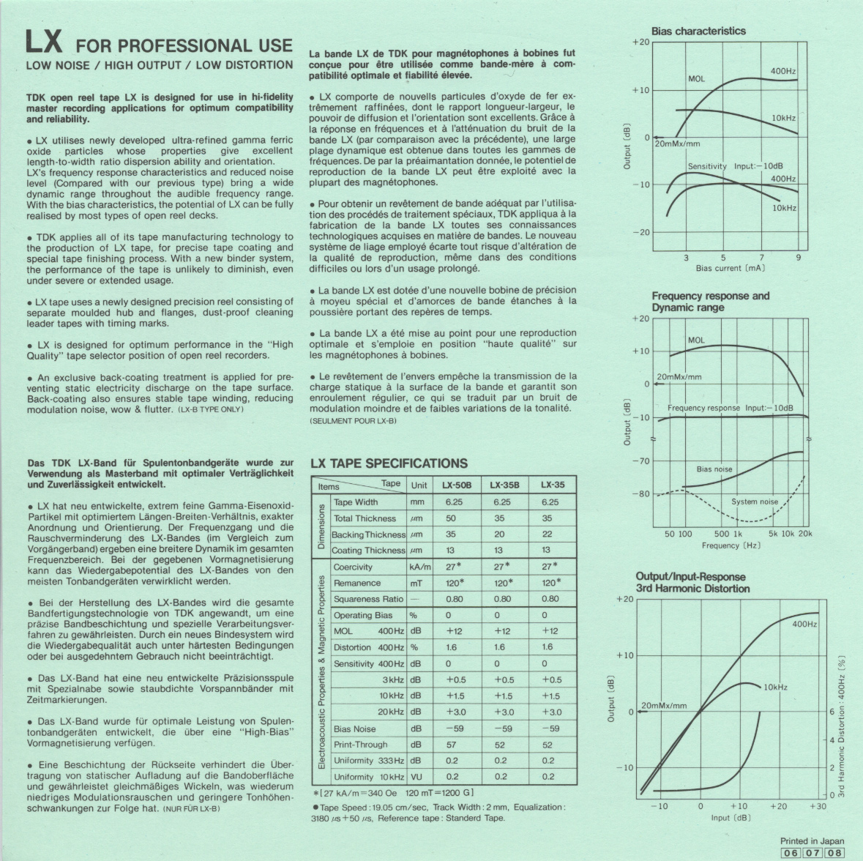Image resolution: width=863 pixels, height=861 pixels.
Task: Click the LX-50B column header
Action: coord(456,485)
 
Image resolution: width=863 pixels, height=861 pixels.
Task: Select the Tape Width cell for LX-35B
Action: coord(501,502)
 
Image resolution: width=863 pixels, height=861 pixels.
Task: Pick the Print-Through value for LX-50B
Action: coord(452,745)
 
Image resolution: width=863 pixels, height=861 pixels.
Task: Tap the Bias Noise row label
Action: coord(354,728)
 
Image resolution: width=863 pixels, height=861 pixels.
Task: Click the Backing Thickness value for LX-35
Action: coord(547,534)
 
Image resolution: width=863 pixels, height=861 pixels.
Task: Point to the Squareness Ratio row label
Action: coord(368,599)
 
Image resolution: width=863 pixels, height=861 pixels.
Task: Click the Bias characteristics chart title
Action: coord(698,31)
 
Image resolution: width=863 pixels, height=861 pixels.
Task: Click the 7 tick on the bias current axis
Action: coord(761,258)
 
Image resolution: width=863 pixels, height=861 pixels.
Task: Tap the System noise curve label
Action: coord(755,502)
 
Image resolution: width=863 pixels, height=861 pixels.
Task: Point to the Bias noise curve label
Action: coord(714,469)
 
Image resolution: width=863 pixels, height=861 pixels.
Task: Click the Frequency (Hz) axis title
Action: coord(731,545)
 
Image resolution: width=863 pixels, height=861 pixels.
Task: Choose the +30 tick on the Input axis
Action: coord(818,806)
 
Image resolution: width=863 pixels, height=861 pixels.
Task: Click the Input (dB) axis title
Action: coord(730,817)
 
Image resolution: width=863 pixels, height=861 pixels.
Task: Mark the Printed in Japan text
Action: coord(812,841)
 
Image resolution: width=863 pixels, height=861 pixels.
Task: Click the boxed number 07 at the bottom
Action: coord(812,853)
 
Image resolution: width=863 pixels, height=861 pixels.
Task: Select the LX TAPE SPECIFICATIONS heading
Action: coord(389,463)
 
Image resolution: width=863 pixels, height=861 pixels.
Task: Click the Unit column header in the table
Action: coord(419,485)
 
